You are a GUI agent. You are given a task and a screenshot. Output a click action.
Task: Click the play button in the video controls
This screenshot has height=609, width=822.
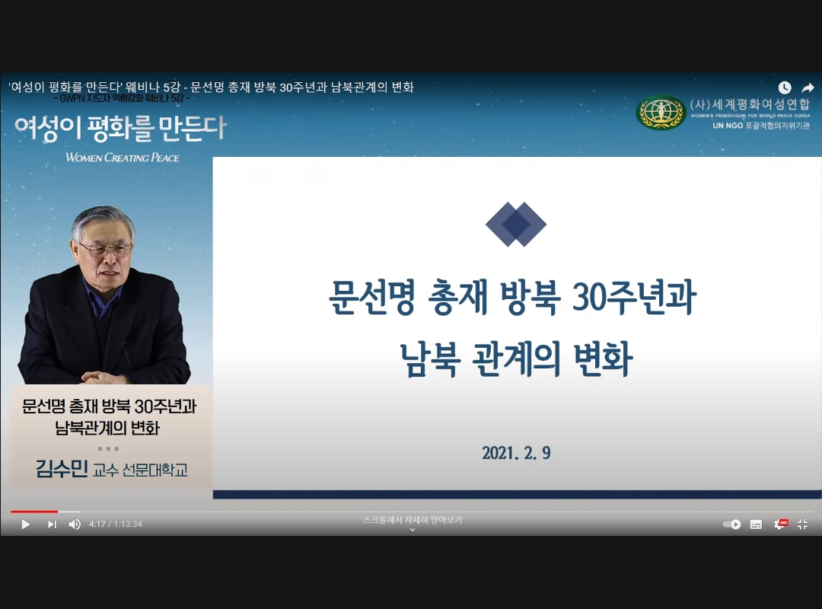(x=25, y=525)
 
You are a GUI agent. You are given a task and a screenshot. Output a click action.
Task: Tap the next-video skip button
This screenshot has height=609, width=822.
(x=52, y=525)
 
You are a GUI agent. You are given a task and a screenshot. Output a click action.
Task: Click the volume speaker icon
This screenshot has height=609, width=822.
(x=75, y=525)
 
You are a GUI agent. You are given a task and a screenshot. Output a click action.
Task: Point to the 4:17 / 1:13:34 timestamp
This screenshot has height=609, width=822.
(x=116, y=525)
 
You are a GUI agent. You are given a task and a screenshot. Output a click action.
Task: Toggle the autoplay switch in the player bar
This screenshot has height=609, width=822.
(x=731, y=525)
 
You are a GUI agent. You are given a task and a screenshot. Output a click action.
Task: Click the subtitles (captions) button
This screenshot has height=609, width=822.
(x=756, y=525)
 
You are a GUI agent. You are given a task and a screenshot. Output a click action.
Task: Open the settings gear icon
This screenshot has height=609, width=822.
(x=779, y=525)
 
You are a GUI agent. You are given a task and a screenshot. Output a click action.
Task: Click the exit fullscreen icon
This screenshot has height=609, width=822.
(x=802, y=525)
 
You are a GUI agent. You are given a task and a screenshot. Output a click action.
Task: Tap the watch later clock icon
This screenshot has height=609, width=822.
(x=785, y=88)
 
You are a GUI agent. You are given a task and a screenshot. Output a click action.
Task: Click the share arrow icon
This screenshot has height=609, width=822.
(x=808, y=88)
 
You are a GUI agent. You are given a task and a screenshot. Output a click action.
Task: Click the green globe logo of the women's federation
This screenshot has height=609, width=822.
(x=661, y=113)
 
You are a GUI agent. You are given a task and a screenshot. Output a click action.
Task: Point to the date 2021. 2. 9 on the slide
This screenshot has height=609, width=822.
(x=516, y=454)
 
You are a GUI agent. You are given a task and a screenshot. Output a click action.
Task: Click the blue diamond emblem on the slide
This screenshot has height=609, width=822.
(x=516, y=224)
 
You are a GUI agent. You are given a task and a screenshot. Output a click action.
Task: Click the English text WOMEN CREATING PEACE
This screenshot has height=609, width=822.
(x=123, y=158)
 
